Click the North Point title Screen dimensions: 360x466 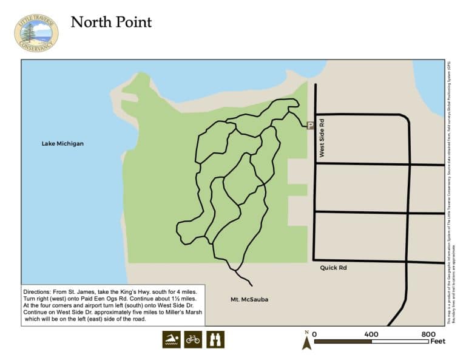111,22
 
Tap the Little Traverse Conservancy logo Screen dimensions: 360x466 36,33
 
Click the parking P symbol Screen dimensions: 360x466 311,126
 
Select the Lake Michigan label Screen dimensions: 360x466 62,144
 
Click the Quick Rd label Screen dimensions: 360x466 333,267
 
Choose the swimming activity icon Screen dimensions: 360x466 171,339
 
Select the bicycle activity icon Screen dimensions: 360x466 193,339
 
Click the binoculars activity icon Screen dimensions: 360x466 215,339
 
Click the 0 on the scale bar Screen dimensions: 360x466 314,334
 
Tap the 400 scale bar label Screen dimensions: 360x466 371,334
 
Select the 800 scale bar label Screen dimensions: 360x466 428,334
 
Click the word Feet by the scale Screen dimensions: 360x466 437,341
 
